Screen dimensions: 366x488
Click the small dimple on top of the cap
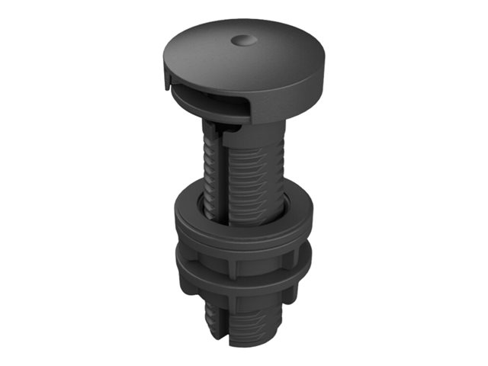[x=242, y=38]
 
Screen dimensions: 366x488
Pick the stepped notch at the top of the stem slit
[x=216, y=136]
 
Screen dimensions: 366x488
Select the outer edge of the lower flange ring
[x=244, y=288]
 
